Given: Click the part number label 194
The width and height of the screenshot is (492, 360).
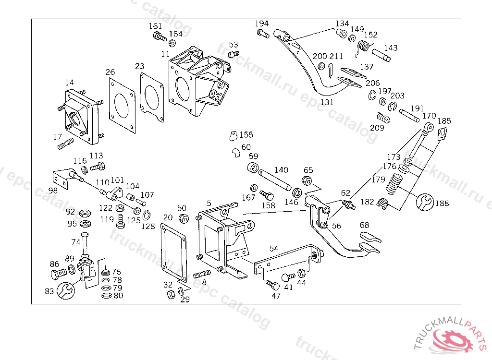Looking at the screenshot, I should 261,24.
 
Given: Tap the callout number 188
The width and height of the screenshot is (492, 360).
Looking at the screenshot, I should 442,203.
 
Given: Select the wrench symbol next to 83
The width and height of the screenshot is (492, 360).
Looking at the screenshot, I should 65,290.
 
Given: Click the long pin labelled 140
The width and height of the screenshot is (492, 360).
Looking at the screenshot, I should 274,180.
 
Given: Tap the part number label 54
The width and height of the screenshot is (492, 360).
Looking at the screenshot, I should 273,249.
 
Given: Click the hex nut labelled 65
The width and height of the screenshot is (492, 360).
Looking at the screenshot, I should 308,181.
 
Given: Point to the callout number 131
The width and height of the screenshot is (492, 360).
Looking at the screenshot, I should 327,102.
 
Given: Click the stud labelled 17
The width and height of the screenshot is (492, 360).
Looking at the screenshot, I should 65,143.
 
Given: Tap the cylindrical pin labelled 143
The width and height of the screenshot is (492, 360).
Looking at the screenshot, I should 381,55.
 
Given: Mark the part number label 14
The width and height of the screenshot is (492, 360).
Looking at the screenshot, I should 70,83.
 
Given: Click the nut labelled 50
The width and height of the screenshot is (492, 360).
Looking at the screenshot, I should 183,219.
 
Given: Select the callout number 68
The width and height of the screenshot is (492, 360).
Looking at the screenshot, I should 365,225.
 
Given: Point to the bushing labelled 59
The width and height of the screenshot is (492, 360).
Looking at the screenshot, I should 252,168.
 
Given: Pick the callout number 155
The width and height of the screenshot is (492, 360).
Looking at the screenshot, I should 246,135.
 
